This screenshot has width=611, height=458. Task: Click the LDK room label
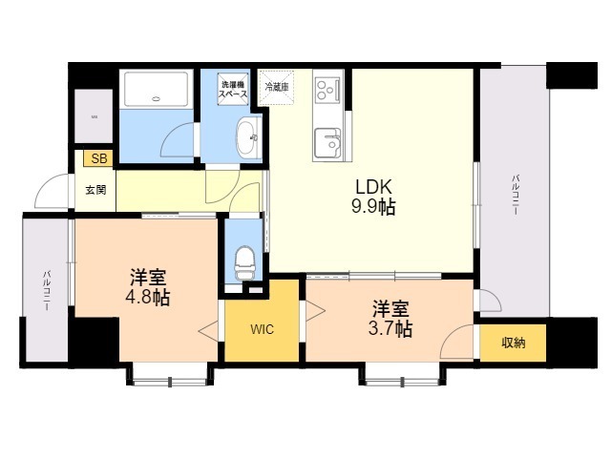[x=373, y=187]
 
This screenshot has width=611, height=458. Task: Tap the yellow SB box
[x=98, y=158]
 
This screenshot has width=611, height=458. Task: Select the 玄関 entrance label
[x=95, y=190]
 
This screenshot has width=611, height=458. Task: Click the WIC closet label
[x=262, y=329]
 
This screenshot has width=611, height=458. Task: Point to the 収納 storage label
[x=514, y=343]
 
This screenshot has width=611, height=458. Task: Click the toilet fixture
[x=245, y=263]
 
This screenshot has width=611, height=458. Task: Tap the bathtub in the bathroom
[x=157, y=89]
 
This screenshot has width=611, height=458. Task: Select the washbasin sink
[x=248, y=137]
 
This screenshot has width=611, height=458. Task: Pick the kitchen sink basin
[x=328, y=143]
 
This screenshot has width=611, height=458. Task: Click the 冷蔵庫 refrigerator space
[x=276, y=87]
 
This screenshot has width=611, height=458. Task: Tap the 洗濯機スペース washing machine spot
[x=233, y=89]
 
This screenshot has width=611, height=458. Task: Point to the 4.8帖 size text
[x=147, y=299]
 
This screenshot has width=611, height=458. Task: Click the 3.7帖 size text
[x=390, y=329]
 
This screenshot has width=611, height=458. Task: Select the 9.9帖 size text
[x=373, y=206]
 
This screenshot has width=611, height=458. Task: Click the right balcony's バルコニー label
[x=516, y=195]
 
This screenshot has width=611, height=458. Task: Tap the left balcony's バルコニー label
[x=46, y=290]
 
